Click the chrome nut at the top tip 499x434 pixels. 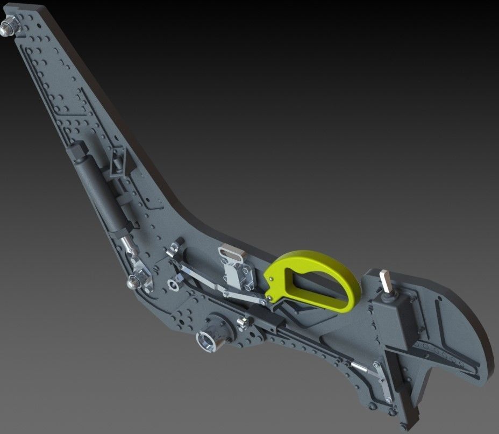tap(9, 25)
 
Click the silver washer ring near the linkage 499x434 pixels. tap(173, 283)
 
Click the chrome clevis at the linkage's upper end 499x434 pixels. tap(173, 249)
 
